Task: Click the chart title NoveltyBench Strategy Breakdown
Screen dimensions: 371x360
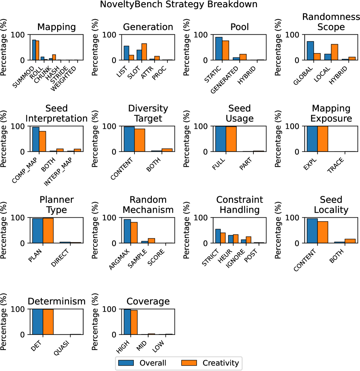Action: pyautogui.click(x=180, y=5)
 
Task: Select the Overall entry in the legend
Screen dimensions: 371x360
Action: pyautogui.click(x=142, y=363)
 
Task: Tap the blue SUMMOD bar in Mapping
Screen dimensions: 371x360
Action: pyautogui.click(x=34, y=50)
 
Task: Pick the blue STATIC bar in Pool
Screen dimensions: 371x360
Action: pyautogui.click(x=219, y=48)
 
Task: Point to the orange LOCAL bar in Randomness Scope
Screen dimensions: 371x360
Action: pyautogui.click(x=334, y=52)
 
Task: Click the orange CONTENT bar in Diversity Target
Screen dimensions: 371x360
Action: pyautogui.click(x=140, y=140)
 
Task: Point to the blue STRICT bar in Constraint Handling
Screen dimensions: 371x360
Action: pyautogui.click(x=218, y=236)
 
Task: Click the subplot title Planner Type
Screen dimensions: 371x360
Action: pyautogui.click(x=56, y=205)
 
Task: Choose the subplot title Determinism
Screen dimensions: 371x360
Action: pyautogui.click(x=56, y=301)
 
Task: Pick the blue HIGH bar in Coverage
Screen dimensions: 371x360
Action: pyautogui.click(x=127, y=322)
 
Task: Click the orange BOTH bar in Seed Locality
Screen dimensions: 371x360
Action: pyautogui.click(x=350, y=241)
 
